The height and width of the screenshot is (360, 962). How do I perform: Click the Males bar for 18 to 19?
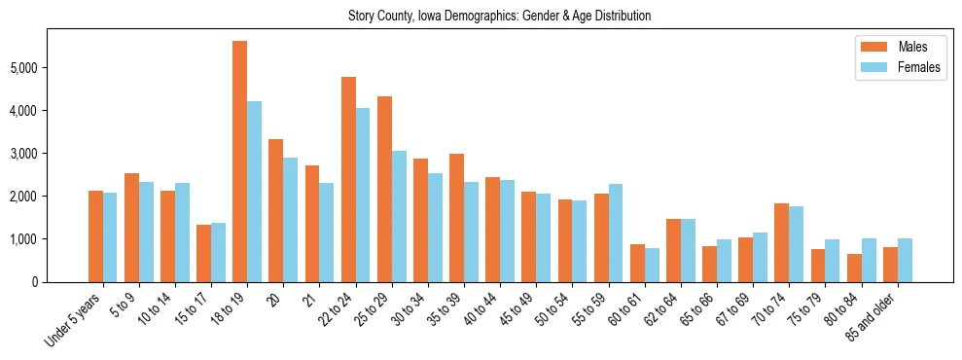point(239,162)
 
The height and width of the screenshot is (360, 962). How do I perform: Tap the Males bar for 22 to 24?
point(348,179)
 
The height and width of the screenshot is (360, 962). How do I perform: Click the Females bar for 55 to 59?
point(616,233)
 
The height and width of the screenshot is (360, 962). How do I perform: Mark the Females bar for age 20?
point(290,220)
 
